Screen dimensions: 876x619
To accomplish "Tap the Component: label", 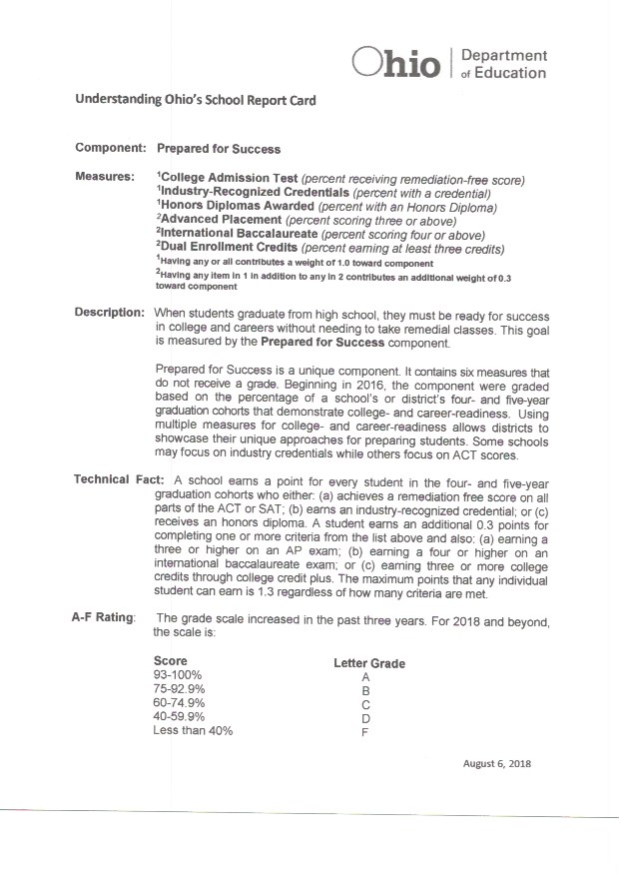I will click(111, 148).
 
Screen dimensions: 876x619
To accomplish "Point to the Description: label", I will click(110, 313).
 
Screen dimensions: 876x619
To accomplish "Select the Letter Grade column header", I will click(368, 663).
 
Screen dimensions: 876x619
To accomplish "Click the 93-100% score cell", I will click(179, 675).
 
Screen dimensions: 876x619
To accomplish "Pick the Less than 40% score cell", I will click(193, 730).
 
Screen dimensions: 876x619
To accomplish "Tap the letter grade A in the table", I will click(366, 677).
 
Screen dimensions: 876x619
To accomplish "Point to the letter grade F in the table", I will click(366, 731).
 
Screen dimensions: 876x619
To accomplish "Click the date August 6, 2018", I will click(497, 764).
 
